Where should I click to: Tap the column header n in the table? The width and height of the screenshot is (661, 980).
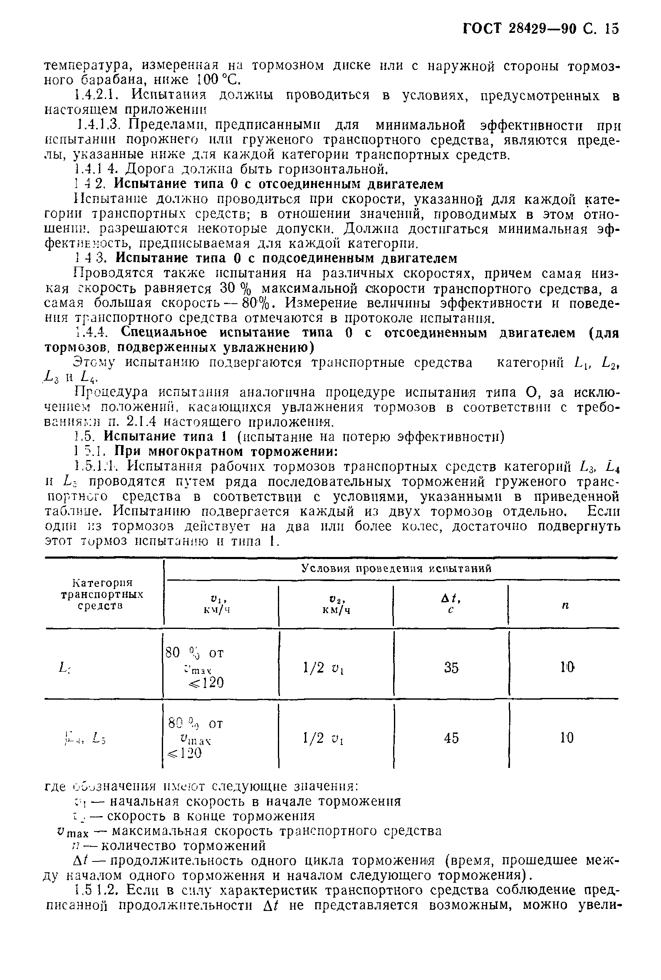pos(565,605)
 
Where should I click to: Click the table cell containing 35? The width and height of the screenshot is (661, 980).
pos(451,668)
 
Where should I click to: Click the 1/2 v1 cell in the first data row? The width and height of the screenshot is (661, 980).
pos(323,668)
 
